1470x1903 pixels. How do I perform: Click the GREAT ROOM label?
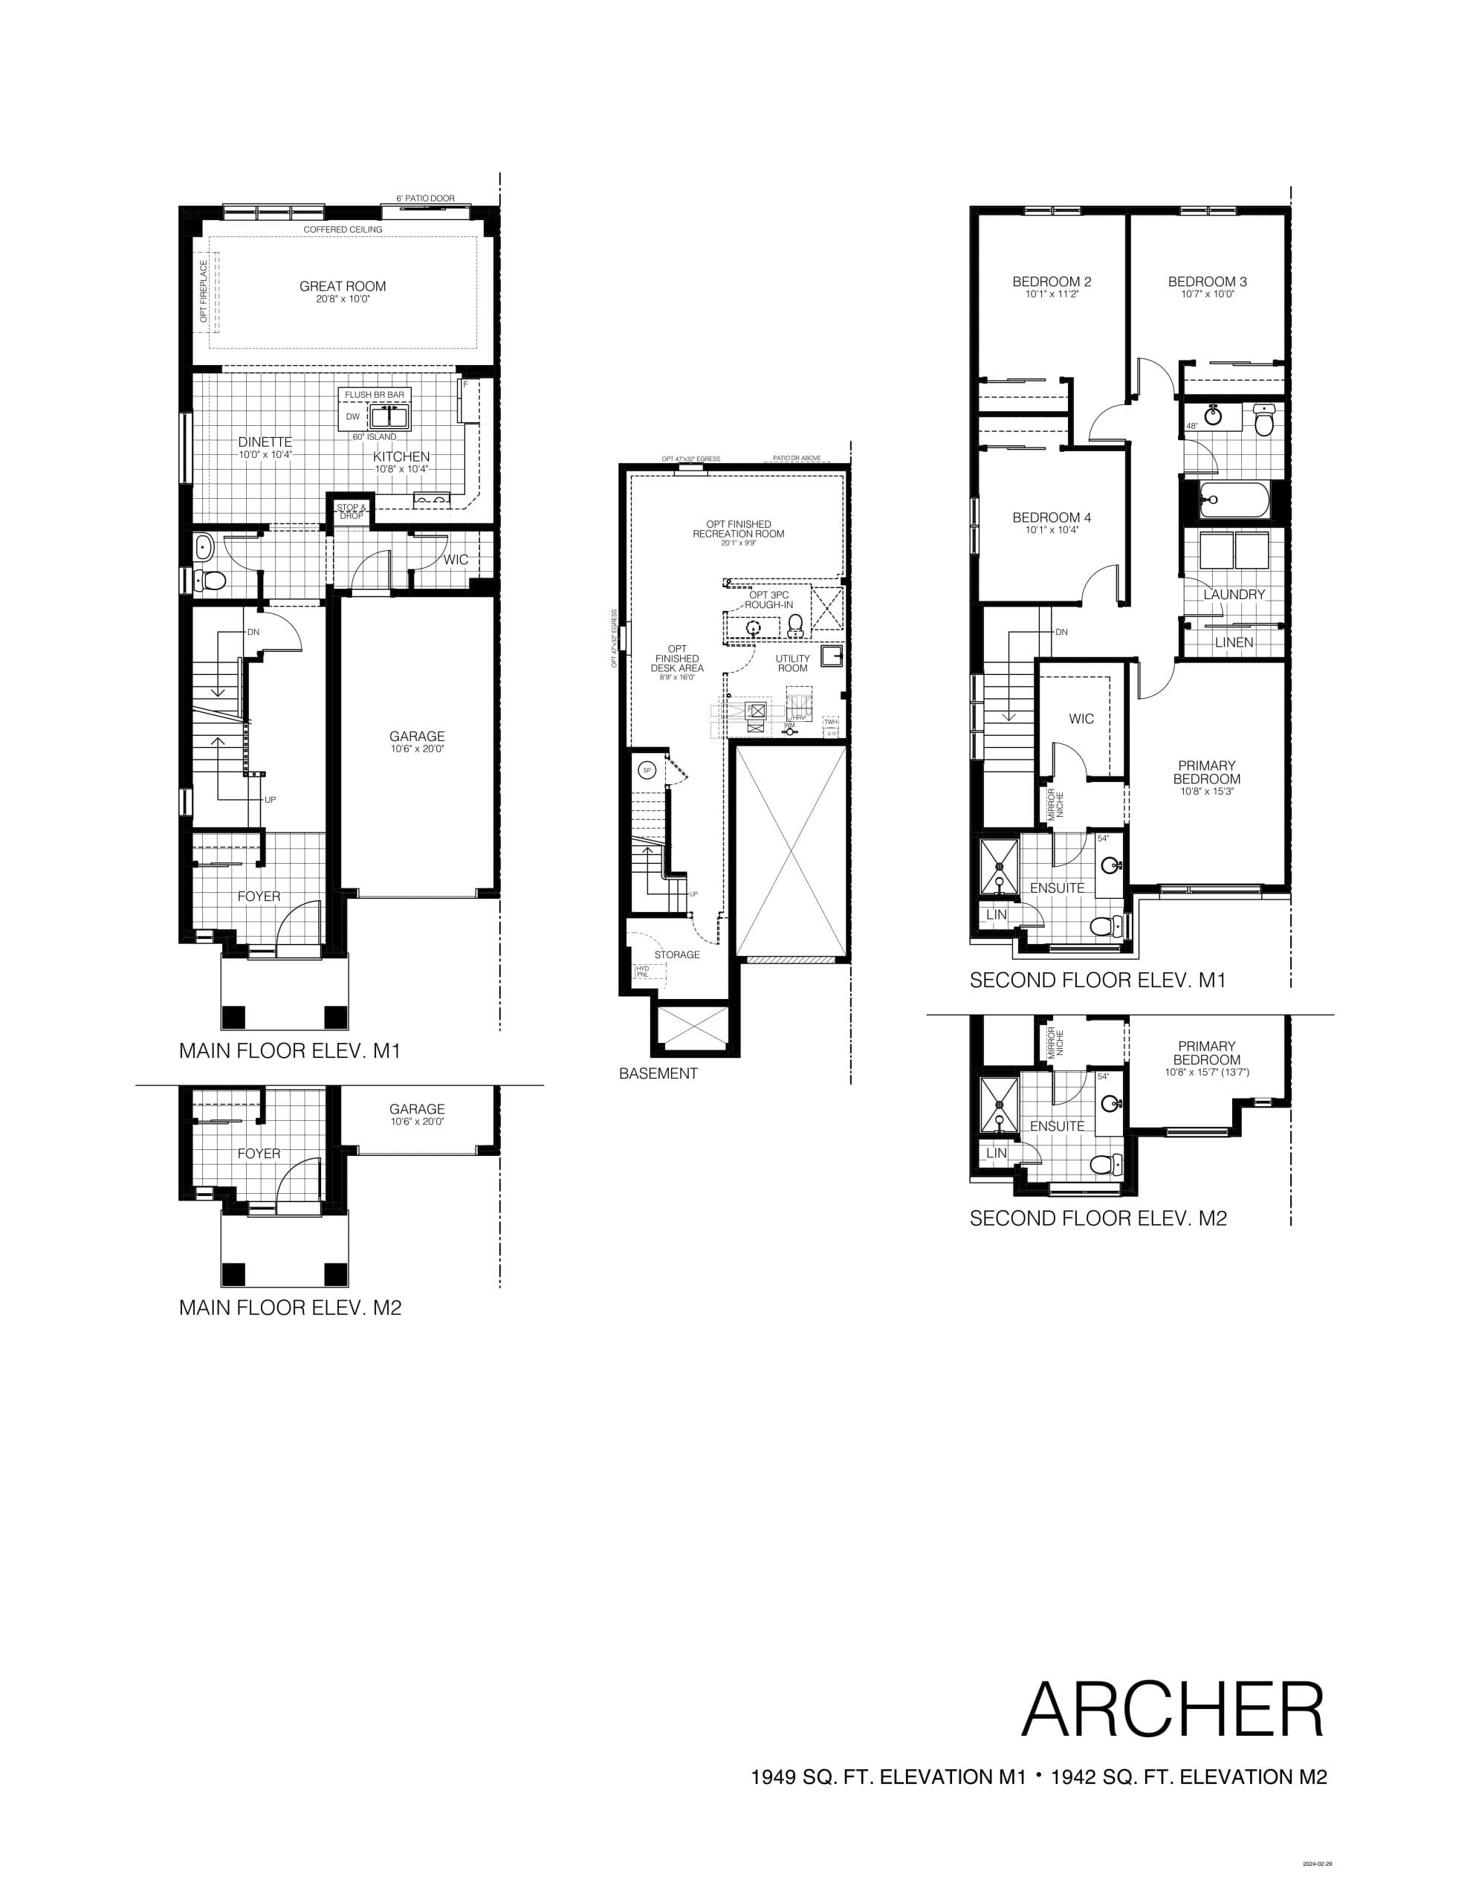click(x=343, y=285)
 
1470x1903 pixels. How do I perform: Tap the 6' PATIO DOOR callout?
click(x=425, y=198)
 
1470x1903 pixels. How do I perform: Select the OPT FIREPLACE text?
click(x=204, y=291)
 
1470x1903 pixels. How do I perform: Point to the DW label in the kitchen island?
click(x=353, y=416)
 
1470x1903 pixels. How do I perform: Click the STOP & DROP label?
click(x=352, y=511)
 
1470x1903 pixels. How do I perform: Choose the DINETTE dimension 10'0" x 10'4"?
click(x=265, y=455)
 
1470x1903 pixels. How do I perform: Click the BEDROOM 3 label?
click(x=1207, y=282)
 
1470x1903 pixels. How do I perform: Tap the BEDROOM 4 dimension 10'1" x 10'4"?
click(x=1052, y=530)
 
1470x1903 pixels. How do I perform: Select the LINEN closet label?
click(x=1234, y=642)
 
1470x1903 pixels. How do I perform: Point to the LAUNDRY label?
click(x=1234, y=594)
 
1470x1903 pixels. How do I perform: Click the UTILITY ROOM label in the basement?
click(x=792, y=663)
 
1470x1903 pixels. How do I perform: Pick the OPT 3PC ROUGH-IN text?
click(x=768, y=599)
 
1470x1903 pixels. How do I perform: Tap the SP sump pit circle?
click(x=647, y=770)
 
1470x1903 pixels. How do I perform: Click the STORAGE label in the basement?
click(x=677, y=955)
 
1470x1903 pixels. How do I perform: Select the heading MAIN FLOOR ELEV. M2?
click(x=290, y=1307)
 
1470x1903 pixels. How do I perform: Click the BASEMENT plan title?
click(x=658, y=1073)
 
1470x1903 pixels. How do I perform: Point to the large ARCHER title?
click(x=1172, y=1710)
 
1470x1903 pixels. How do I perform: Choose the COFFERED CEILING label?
click(x=343, y=229)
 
